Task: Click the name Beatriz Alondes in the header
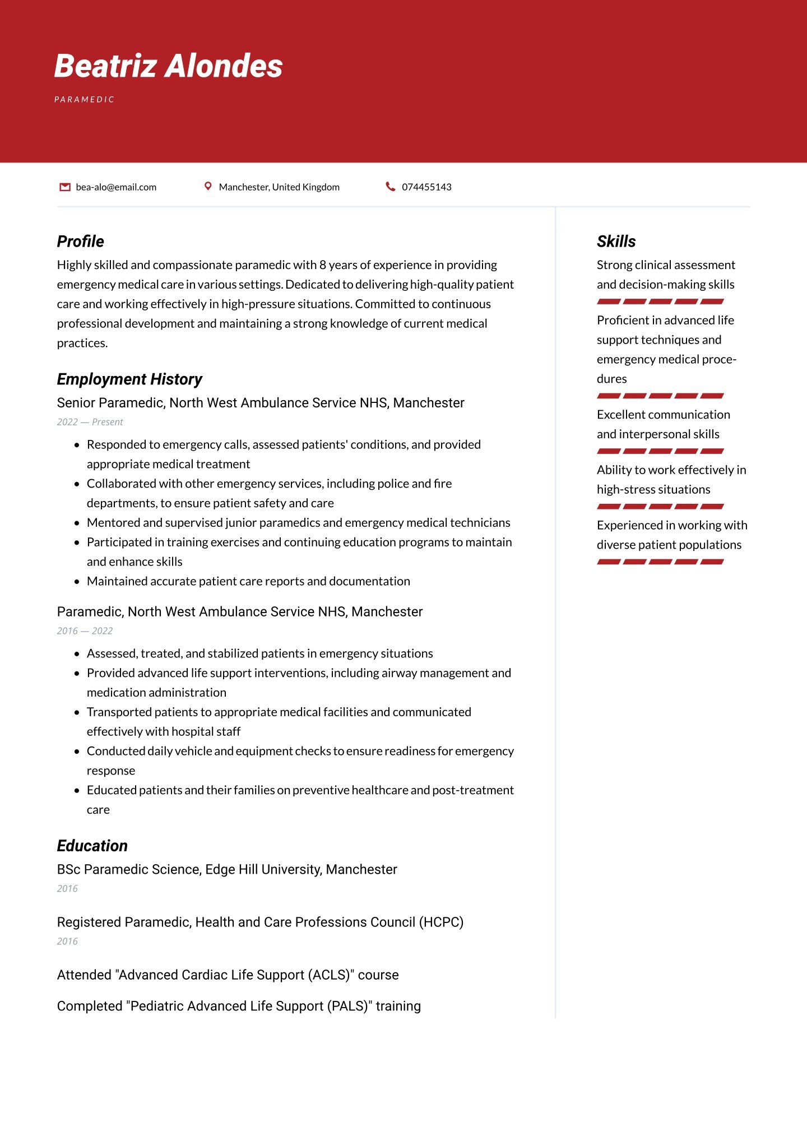168,66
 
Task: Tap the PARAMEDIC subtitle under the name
84,100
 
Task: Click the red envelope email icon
65,187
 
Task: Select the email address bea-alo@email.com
116,187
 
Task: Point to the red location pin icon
208,186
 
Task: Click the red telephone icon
391,186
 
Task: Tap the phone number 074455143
426,187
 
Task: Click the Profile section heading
80,242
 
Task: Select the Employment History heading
129,379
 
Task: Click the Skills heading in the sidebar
616,242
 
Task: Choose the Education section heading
92,846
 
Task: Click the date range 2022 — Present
90,422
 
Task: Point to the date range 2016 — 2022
85,631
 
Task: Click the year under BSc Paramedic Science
67,889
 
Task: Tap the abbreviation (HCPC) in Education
441,922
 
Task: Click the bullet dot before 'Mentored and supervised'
77,523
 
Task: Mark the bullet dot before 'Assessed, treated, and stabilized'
77,654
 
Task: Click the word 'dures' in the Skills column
611,379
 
